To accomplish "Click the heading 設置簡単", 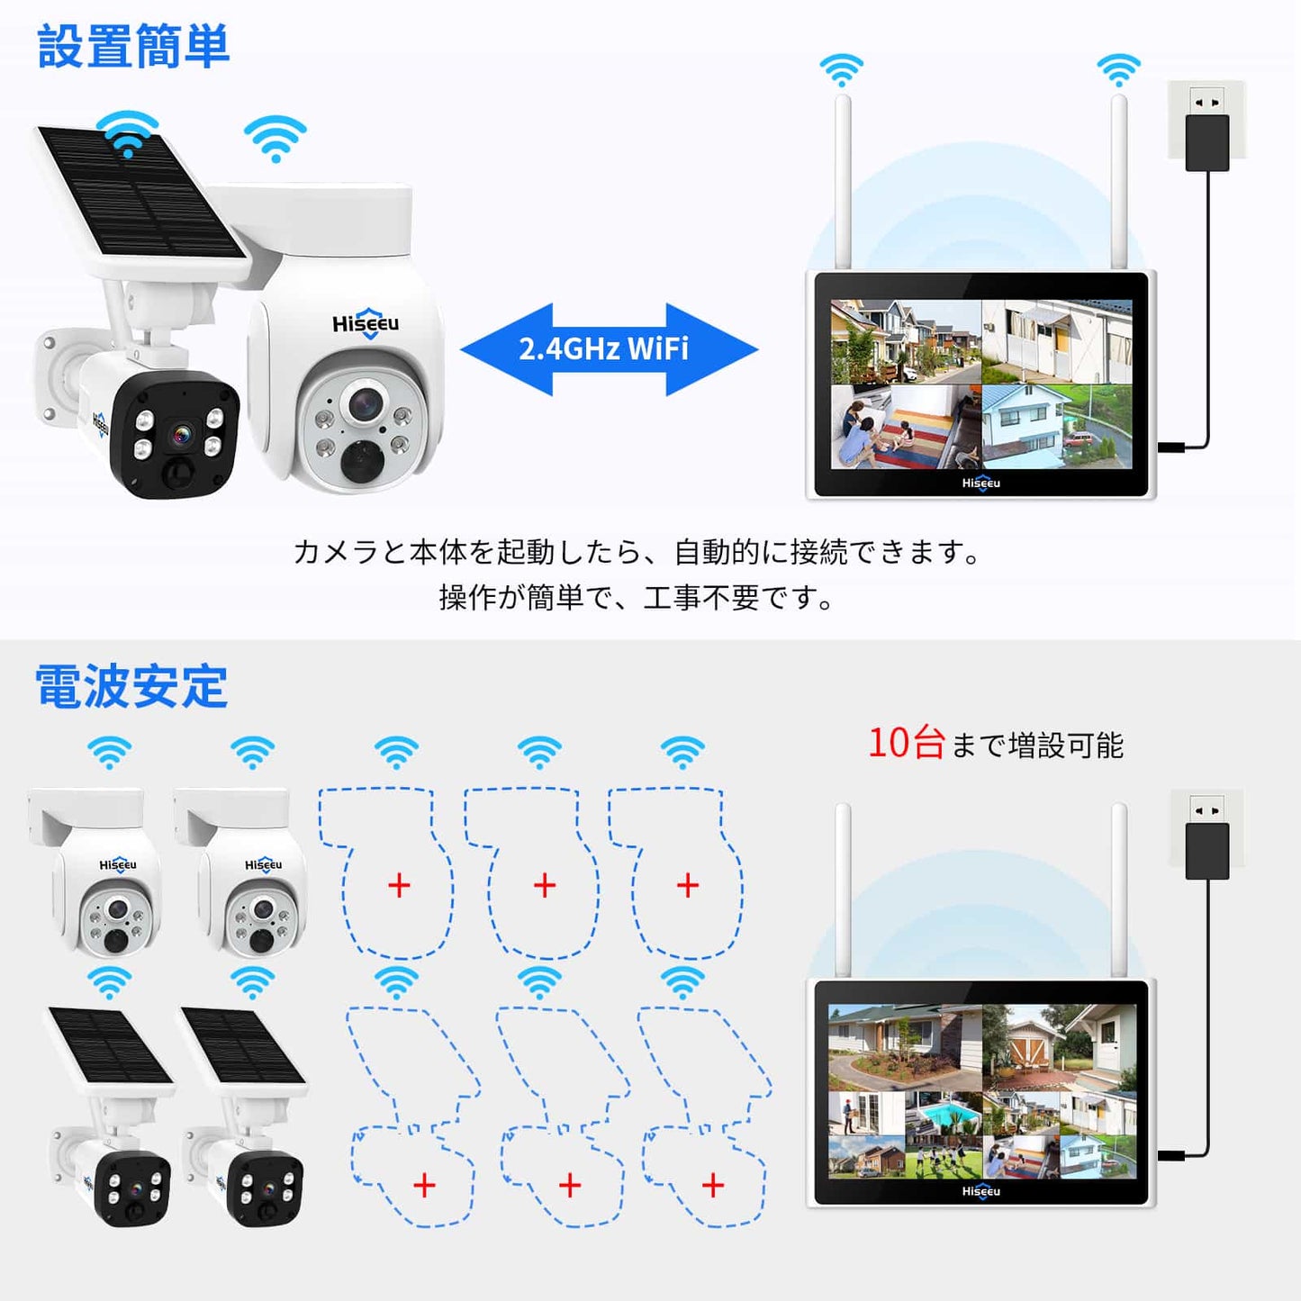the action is (133, 46).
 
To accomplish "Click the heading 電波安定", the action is (131, 687).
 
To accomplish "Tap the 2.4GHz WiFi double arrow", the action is (609, 349).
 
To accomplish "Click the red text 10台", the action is (906, 744).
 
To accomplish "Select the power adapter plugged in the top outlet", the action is (1206, 142).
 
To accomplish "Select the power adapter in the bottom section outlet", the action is (1207, 851).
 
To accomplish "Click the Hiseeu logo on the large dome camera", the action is (366, 323).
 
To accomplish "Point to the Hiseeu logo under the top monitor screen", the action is (981, 483).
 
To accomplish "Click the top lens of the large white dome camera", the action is (366, 404).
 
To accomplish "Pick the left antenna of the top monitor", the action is (843, 182).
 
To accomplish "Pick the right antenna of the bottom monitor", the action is (1119, 890).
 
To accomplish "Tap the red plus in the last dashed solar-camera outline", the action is (713, 1185).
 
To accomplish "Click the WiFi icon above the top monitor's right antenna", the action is (1119, 71).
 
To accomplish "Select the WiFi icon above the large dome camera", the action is (275, 139).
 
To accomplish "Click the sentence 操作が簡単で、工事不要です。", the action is (636, 598).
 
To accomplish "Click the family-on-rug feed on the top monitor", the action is (905, 428).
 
